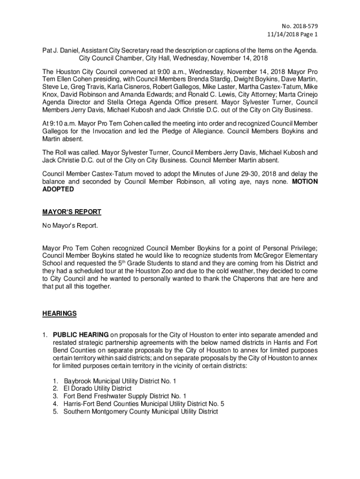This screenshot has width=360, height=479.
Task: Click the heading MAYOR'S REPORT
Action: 72,212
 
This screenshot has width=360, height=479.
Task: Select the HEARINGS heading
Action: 59,313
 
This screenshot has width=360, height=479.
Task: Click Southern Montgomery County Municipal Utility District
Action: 141,412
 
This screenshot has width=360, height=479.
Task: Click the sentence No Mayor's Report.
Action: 70,226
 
